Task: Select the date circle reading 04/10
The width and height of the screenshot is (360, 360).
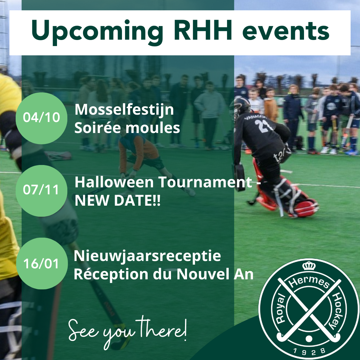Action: [42, 118]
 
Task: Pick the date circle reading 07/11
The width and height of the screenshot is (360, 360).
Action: [42, 191]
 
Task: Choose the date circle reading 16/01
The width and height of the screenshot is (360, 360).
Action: [42, 263]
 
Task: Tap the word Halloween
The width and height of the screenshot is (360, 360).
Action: [114, 182]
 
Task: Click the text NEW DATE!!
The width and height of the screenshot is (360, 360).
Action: [118, 200]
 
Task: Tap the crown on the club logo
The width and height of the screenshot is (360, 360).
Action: [309, 266]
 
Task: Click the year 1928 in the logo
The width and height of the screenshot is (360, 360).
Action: [309, 351]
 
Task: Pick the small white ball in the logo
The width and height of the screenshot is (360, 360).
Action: [309, 339]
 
